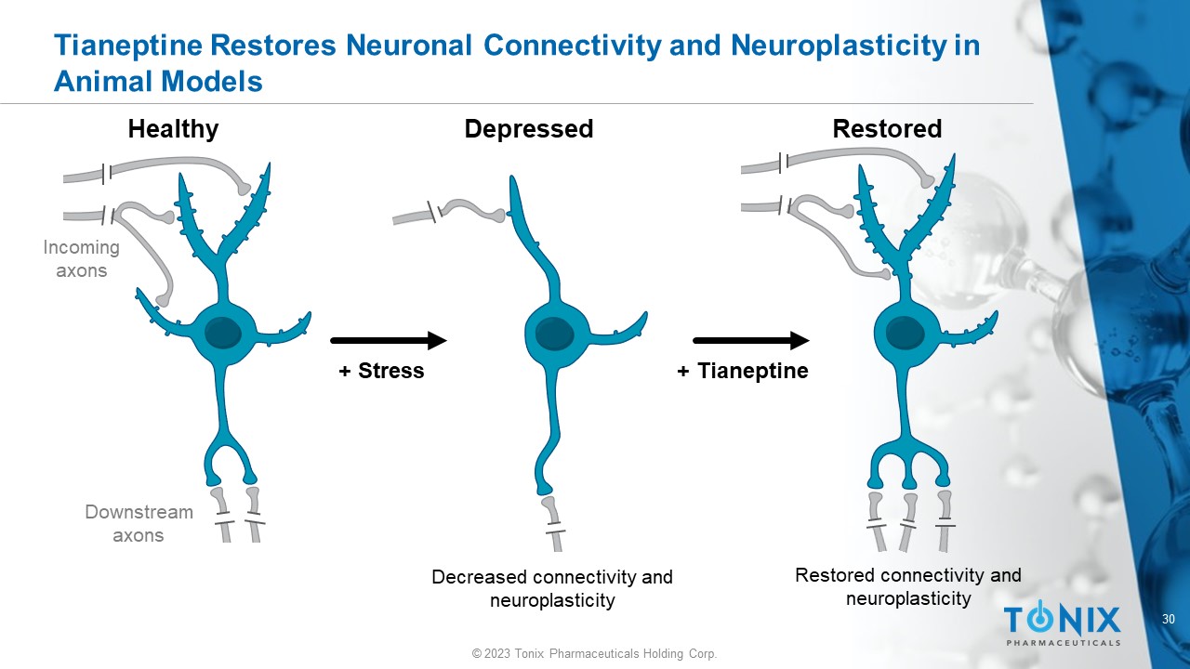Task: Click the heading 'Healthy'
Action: tap(173, 129)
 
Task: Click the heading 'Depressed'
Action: tap(528, 129)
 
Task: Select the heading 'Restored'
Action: tap(887, 129)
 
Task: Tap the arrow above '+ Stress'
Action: tap(389, 341)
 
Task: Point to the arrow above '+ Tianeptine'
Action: tap(751, 341)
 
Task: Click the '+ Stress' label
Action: tap(381, 372)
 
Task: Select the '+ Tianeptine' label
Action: tap(743, 372)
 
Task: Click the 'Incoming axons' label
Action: tap(82, 259)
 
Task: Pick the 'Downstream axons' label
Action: tap(139, 523)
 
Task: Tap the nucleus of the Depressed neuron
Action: tap(553, 333)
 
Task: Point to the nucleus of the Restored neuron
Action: tap(903, 332)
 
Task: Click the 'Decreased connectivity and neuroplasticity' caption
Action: tap(552, 588)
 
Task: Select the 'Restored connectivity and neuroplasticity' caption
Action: tap(908, 586)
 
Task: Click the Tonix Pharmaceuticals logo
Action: tap(1062, 623)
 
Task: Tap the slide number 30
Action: tap(1169, 620)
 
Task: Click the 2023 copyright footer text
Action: tap(595, 654)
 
